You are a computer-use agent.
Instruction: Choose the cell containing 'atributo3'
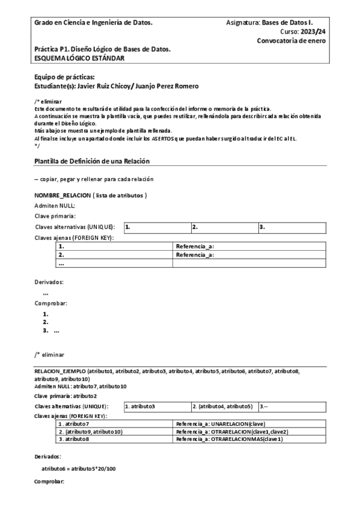[157, 407]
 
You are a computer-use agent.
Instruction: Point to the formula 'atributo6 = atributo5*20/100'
[78, 468]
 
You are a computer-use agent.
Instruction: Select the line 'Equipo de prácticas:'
[65, 77]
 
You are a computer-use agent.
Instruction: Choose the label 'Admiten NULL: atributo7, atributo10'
[81, 386]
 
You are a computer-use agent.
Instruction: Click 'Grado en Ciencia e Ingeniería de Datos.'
[93, 22]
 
